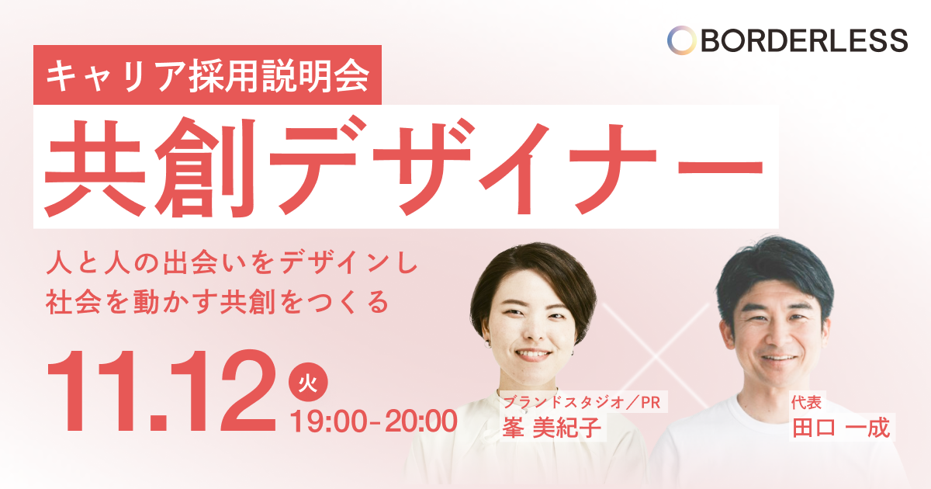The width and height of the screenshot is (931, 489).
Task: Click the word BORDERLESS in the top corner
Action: coord(805,40)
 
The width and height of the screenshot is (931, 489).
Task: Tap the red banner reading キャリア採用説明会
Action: coord(207,75)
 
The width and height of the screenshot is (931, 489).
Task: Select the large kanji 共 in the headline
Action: coord(95,168)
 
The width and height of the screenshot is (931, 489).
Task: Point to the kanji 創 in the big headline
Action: coord(205,168)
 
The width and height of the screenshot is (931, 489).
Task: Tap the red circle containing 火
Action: coord(308,382)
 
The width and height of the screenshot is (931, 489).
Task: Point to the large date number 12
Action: coord(223,391)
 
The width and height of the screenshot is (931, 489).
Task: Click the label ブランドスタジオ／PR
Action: coord(582,402)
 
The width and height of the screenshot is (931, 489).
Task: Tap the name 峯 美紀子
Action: coord(552,427)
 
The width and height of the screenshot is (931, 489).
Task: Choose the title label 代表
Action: coord(806,402)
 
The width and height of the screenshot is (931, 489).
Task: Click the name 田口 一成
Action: coord(841,427)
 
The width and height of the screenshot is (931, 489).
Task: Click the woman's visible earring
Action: coord(487,345)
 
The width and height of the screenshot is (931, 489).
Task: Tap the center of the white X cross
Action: coord(656,355)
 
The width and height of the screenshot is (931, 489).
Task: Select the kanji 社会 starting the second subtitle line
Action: coord(73,302)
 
